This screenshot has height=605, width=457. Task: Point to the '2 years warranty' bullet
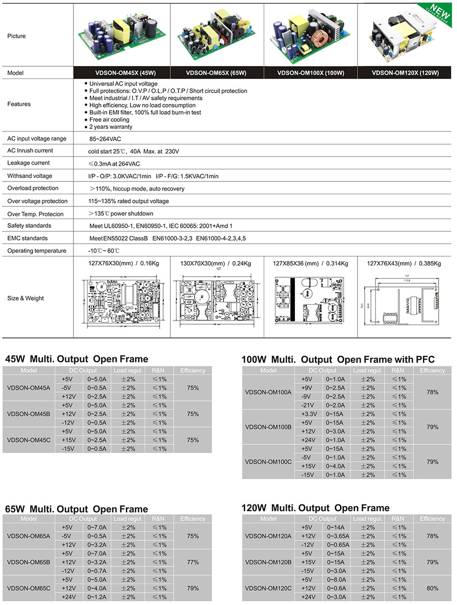click(111, 127)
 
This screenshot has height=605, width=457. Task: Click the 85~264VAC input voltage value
click(105, 139)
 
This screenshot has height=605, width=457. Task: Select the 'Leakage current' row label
click(29, 163)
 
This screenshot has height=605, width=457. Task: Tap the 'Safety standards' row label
click(29, 226)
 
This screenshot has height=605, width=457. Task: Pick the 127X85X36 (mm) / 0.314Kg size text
click(311, 264)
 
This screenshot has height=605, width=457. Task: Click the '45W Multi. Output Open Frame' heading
click(77, 359)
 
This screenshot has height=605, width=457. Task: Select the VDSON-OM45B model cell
click(29, 414)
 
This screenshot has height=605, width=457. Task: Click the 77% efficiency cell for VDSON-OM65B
click(193, 562)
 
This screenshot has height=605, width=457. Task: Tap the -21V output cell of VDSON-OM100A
click(307, 405)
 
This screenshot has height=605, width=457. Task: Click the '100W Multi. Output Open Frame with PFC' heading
click(338, 359)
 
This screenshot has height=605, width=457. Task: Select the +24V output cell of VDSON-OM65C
click(67, 597)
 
